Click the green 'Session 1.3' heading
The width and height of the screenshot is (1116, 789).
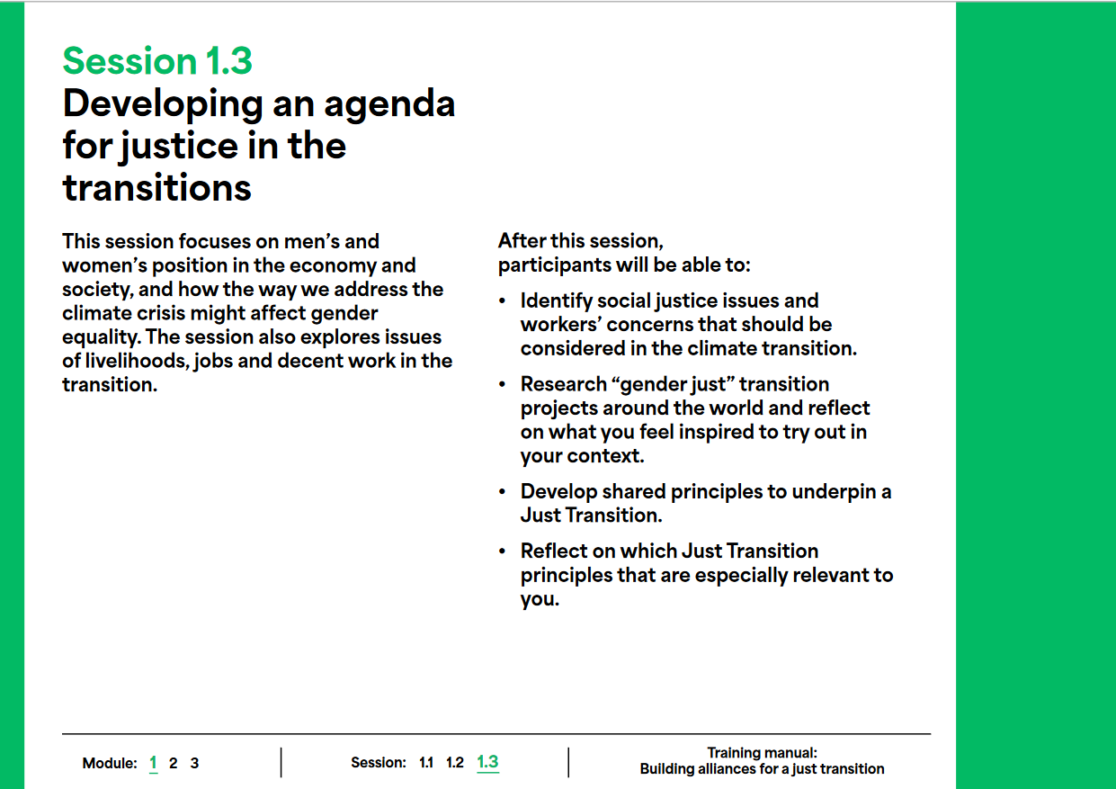157,61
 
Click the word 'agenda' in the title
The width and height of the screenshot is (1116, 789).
389,105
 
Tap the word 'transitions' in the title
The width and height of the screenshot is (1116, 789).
157,187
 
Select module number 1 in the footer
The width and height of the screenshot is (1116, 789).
154,763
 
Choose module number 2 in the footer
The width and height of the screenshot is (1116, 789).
174,763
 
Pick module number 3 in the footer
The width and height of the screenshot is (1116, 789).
194,763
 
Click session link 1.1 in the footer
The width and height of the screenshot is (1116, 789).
426,763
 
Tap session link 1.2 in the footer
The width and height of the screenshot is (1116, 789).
454,763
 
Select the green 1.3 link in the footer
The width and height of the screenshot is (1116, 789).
487,762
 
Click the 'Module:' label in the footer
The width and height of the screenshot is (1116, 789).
110,763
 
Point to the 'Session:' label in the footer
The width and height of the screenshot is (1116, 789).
379,763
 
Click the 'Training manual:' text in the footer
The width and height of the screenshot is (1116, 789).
763,753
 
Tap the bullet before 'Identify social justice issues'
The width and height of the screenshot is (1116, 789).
502,300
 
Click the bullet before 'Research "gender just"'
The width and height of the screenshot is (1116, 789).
502,384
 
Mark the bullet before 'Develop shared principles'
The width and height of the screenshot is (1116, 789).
502,492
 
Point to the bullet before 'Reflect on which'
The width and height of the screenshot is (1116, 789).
502,551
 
